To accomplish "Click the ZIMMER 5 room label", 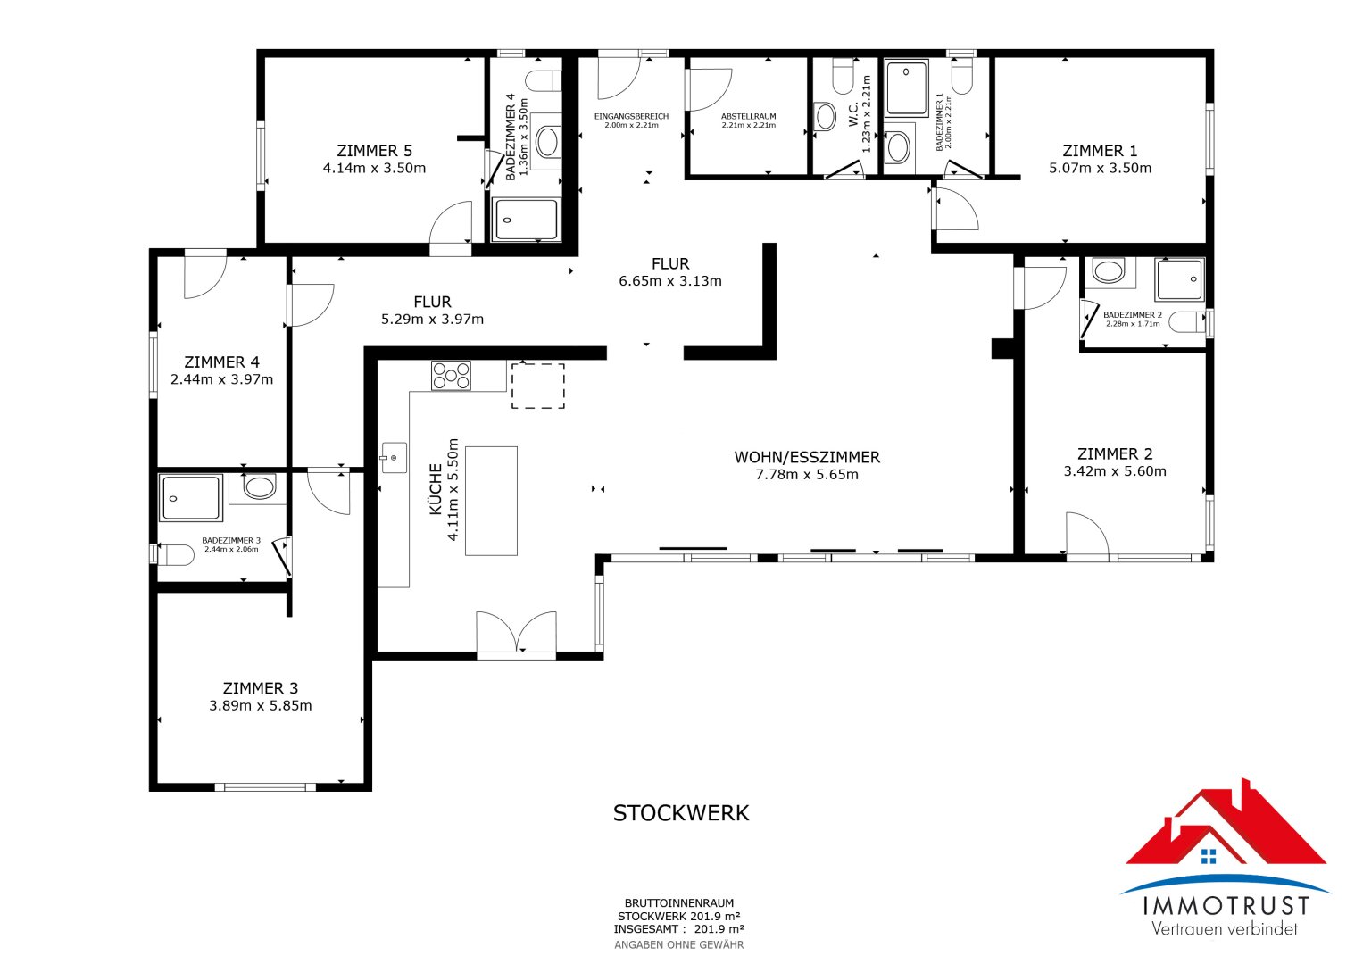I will click(x=374, y=151).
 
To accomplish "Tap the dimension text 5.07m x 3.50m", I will click(x=1100, y=168).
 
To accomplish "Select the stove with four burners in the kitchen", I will click(x=451, y=375).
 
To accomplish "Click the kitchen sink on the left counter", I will click(x=393, y=458).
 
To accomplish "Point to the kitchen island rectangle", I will click(x=491, y=501).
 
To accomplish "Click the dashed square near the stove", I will click(x=537, y=386).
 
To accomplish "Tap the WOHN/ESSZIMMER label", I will click(x=807, y=457).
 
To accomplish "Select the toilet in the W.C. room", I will click(x=843, y=76).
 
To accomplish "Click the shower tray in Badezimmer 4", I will click(x=527, y=220).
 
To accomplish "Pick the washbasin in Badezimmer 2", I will click(x=1109, y=271).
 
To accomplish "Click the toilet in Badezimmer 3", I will click(x=175, y=555).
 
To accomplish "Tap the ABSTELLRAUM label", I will click(x=748, y=116).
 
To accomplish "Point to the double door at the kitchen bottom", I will click(x=516, y=635).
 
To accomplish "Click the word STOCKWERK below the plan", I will click(x=681, y=813).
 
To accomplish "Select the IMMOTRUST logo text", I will click(x=1226, y=906).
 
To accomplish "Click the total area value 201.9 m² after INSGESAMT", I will click(x=719, y=929).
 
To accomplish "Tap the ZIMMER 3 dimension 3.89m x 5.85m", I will click(x=261, y=705).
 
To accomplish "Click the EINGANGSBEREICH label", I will click(x=631, y=116).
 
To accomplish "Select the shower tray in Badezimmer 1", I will click(x=907, y=87).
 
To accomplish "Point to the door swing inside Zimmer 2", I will click(x=1086, y=535).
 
